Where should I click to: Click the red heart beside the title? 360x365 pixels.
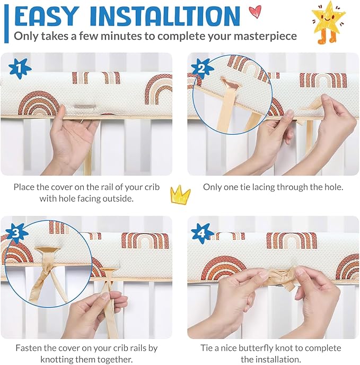click(x=255, y=12)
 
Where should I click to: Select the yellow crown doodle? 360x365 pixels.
click(x=180, y=195)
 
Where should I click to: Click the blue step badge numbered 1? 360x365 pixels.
click(x=20, y=68)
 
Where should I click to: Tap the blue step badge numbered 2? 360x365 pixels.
click(x=202, y=68)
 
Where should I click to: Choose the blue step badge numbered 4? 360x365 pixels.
click(x=202, y=233)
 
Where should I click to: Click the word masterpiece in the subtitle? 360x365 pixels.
click(x=265, y=36)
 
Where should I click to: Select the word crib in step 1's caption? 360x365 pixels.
click(x=152, y=187)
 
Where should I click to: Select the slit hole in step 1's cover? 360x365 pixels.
click(x=85, y=107)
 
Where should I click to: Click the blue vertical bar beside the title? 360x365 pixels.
click(x=6, y=24)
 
